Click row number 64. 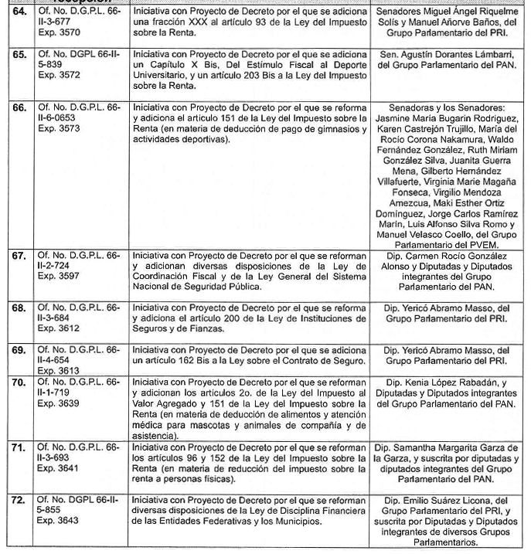coord(18,13)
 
